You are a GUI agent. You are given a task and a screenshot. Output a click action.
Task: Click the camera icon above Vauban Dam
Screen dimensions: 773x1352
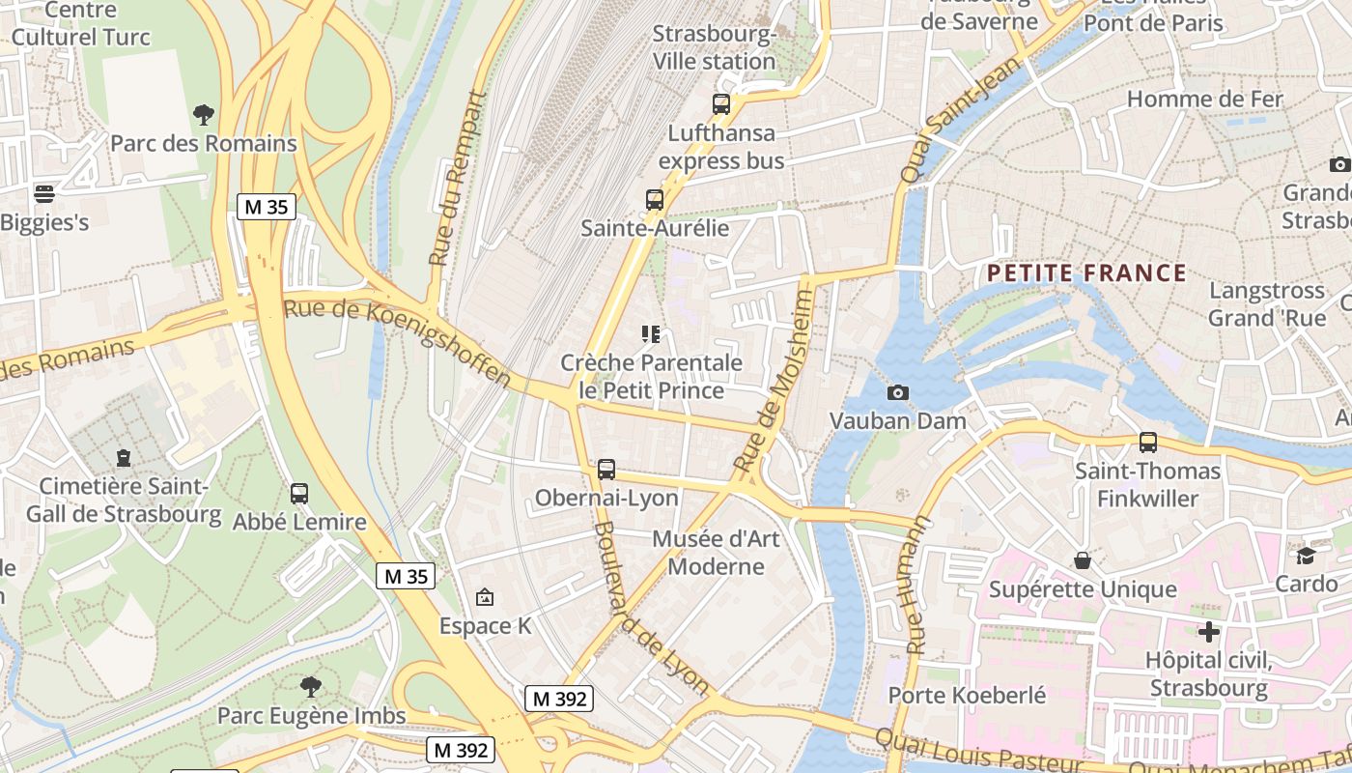point(897,392)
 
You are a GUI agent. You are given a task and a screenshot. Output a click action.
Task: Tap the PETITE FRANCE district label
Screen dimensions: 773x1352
point(1086,273)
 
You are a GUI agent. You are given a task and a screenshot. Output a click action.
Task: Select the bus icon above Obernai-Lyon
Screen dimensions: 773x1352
point(606,470)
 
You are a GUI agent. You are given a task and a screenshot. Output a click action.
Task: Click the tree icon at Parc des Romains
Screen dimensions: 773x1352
point(203,115)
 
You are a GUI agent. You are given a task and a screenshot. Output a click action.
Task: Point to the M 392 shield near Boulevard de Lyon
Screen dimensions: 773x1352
point(559,698)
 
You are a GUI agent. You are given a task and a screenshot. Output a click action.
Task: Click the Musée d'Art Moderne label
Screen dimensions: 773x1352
point(716,552)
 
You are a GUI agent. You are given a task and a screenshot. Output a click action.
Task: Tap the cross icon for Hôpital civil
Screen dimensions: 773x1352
point(1208,632)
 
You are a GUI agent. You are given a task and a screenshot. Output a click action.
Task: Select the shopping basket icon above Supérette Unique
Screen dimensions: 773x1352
point(1083,560)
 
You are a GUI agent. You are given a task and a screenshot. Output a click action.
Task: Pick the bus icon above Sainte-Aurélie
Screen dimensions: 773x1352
point(655,200)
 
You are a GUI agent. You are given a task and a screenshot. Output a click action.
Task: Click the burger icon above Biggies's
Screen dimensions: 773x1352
point(43,194)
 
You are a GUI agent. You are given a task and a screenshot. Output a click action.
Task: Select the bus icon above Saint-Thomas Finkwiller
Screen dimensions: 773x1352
point(1147,443)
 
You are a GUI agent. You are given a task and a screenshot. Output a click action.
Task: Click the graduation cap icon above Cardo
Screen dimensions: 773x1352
point(1306,556)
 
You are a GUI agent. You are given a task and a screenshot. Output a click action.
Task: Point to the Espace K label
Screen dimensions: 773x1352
point(485,625)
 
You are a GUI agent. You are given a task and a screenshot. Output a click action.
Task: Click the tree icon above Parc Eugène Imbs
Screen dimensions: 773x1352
point(310,687)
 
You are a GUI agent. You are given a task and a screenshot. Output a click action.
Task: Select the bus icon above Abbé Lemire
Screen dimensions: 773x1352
point(299,494)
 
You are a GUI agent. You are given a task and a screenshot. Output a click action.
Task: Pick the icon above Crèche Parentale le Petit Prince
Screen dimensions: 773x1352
point(651,334)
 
